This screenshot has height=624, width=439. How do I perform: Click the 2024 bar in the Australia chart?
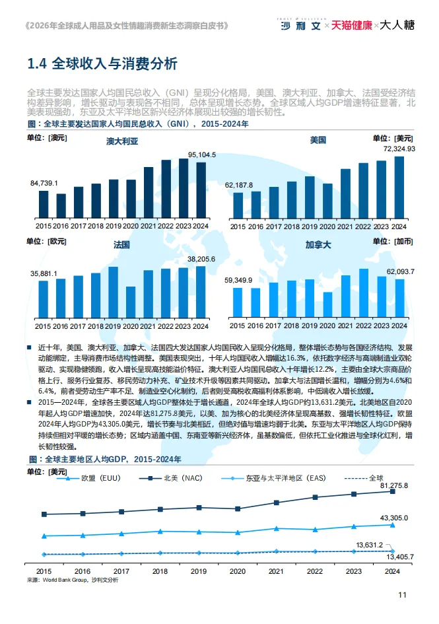[201, 190]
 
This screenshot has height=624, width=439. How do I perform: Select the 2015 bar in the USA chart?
[238, 205]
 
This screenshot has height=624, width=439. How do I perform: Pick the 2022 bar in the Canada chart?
[364, 293]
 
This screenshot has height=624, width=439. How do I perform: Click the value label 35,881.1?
[44, 273]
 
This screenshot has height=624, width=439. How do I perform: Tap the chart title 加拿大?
[318, 244]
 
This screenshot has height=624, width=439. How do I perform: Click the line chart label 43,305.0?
[394, 518]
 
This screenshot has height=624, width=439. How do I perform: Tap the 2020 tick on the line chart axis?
[238, 571]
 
